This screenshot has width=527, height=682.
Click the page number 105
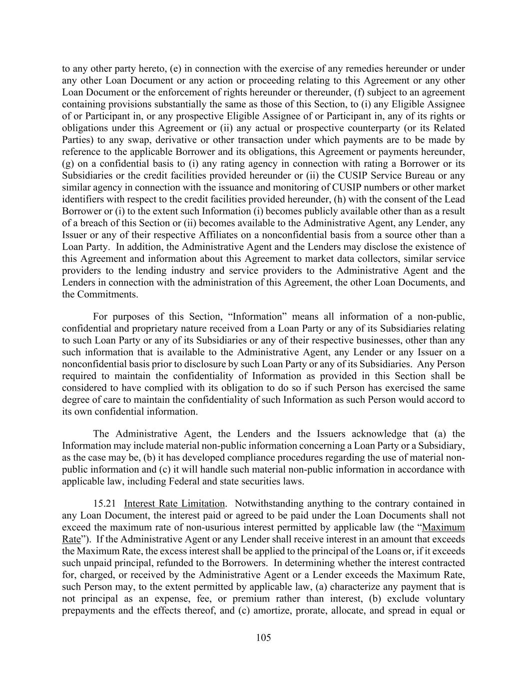pos(263,638)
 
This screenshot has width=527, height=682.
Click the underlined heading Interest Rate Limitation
pos(174,504)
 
